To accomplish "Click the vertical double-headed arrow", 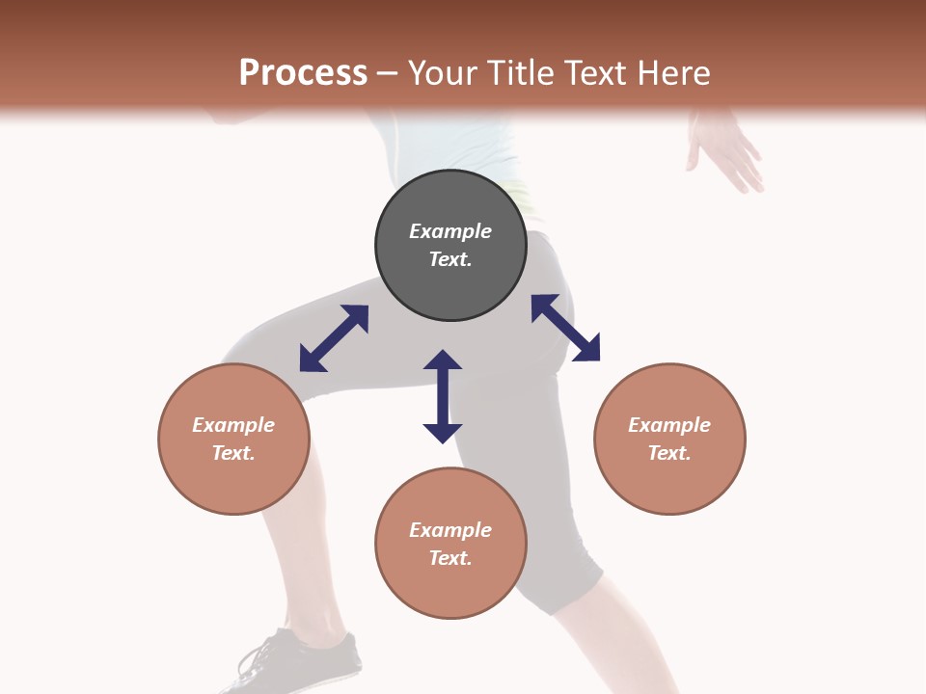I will point(443,396).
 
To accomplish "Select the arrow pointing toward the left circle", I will point(334,338).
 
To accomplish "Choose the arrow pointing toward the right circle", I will point(565,328).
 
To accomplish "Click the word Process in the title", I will point(303,72).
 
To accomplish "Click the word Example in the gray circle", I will point(450,231).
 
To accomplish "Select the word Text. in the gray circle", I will point(450,259).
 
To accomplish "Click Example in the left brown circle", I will point(233,425).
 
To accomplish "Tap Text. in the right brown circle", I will point(669,453).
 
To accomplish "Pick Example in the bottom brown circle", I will point(450,530).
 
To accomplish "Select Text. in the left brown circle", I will point(233,453).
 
